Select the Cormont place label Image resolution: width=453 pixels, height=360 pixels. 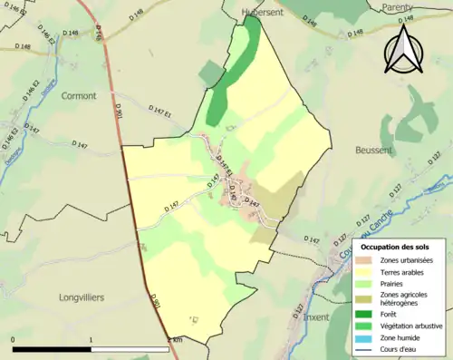[78, 95]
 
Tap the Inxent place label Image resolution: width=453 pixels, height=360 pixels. [316, 317]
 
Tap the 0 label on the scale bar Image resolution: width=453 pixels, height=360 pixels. [14, 340]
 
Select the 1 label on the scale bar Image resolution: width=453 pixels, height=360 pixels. [92, 340]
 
